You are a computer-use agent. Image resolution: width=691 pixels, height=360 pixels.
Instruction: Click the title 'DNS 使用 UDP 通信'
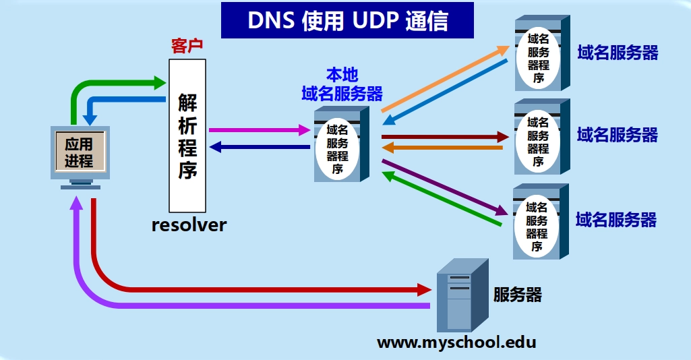click(x=347, y=20)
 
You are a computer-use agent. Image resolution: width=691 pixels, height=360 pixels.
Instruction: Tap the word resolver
click(x=189, y=224)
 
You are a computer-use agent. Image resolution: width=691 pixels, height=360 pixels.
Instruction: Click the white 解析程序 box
click(x=187, y=135)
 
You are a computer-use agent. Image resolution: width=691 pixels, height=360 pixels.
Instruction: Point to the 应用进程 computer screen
click(x=80, y=152)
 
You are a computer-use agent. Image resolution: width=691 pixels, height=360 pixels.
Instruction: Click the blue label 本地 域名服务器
click(x=342, y=84)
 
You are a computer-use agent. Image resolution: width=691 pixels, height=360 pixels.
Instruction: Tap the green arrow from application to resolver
click(x=115, y=84)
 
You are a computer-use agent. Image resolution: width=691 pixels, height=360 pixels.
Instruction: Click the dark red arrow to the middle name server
click(x=445, y=137)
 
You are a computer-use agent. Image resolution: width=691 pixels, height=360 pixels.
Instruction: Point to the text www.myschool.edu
click(x=456, y=342)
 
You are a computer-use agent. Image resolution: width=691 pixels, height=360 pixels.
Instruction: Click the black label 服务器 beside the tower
click(x=517, y=295)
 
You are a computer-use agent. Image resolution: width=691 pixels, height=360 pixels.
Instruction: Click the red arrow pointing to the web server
click(x=270, y=290)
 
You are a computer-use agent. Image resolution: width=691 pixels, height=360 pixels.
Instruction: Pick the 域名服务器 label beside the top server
click(x=618, y=53)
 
